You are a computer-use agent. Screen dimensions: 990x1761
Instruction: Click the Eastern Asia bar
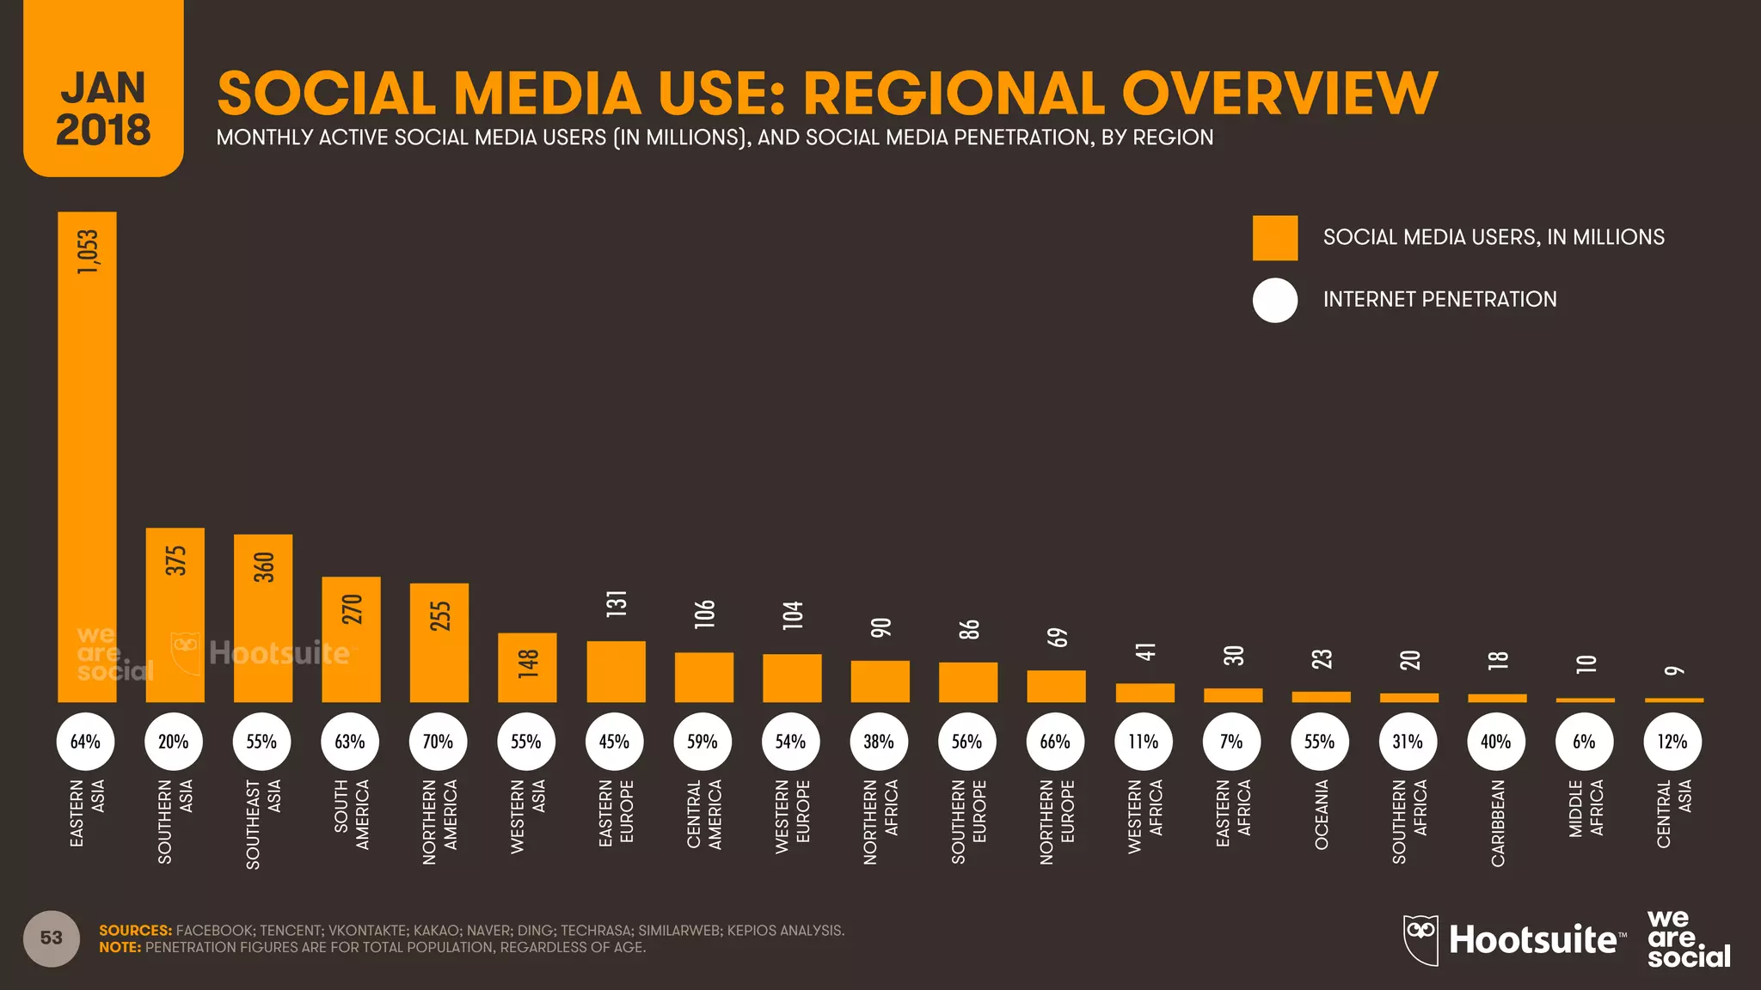(x=87, y=455)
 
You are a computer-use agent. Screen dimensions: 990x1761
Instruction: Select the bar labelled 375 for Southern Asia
(x=175, y=614)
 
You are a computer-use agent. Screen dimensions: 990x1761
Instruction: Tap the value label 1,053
(x=88, y=252)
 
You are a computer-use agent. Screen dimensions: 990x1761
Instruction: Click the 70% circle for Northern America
(x=438, y=742)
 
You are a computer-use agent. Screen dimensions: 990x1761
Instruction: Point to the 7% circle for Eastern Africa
(x=1231, y=742)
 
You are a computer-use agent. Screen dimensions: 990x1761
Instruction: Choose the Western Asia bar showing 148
(x=527, y=668)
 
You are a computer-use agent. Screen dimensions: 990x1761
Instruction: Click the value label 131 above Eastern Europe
(x=616, y=603)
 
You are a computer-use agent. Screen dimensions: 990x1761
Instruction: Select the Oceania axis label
(x=1322, y=815)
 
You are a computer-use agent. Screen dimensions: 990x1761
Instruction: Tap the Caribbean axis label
(x=1497, y=822)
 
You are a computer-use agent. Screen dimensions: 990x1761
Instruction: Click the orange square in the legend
(x=1274, y=238)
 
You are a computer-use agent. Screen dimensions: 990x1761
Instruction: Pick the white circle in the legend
(x=1274, y=300)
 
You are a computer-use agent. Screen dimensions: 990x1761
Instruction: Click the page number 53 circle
(x=52, y=938)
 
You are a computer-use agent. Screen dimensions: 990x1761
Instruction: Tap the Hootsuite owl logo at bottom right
(x=1420, y=938)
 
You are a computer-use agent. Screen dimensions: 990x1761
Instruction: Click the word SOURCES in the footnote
(x=135, y=931)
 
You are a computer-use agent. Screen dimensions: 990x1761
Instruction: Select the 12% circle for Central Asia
(x=1672, y=742)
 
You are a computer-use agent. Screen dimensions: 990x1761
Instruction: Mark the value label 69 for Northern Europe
(x=1057, y=638)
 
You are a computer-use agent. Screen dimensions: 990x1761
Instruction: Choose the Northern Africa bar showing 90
(x=880, y=681)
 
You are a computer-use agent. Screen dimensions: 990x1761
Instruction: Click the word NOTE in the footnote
(x=120, y=948)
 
